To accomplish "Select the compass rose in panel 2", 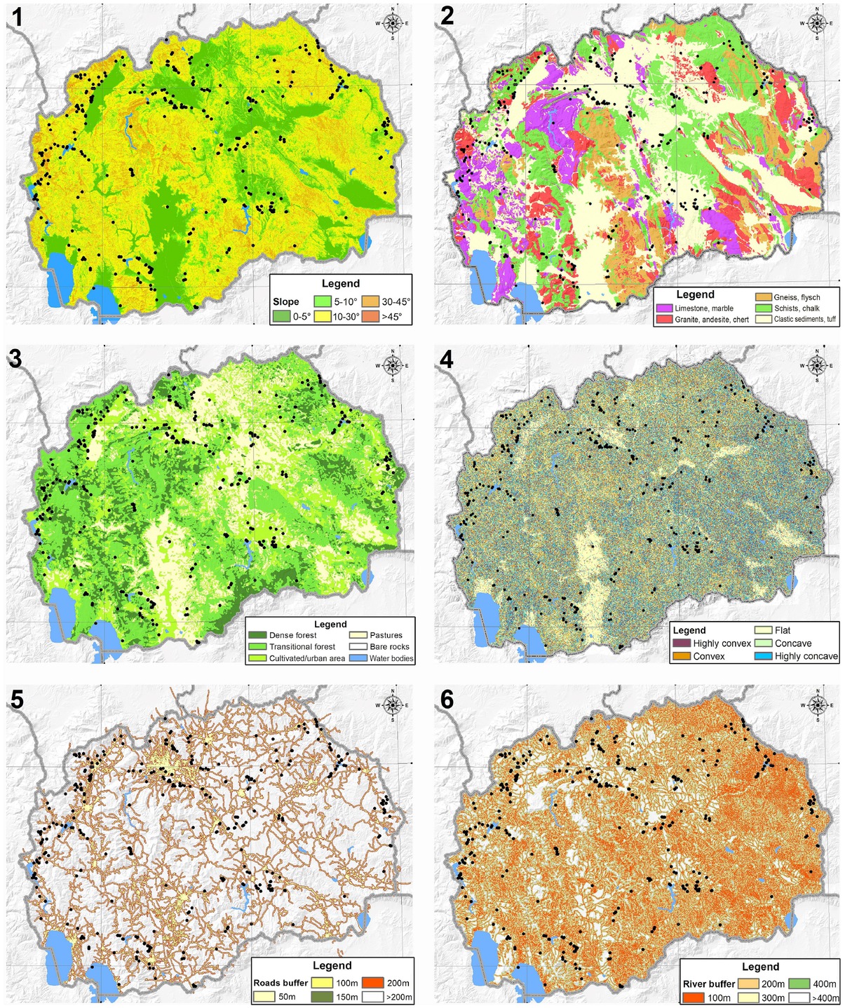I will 817,23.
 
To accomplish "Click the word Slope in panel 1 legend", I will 286,301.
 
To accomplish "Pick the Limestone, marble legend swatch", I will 664,308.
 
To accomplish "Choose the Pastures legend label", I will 386,635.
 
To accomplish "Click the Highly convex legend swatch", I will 682,643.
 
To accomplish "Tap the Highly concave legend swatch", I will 763,656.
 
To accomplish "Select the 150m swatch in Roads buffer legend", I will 322,997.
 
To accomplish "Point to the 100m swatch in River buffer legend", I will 694,998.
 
